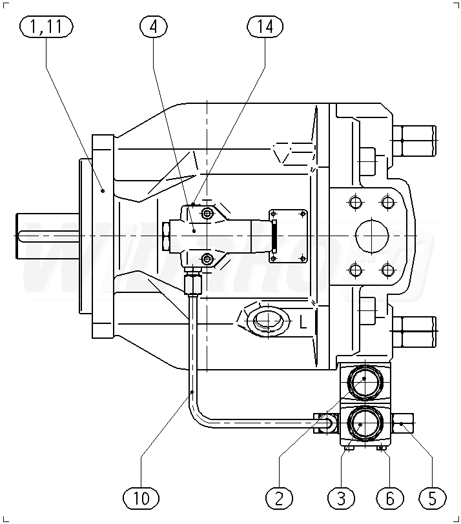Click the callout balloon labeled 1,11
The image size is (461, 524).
click(46, 26)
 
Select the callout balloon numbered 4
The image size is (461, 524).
click(153, 26)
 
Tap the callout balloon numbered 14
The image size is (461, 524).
click(265, 26)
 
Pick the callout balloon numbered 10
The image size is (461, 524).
click(141, 498)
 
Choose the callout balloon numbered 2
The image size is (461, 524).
click(279, 498)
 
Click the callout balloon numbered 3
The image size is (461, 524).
click(342, 498)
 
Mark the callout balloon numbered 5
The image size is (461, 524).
click(433, 498)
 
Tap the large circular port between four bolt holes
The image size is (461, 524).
click(370, 236)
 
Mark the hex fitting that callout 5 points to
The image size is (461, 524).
click(404, 423)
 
